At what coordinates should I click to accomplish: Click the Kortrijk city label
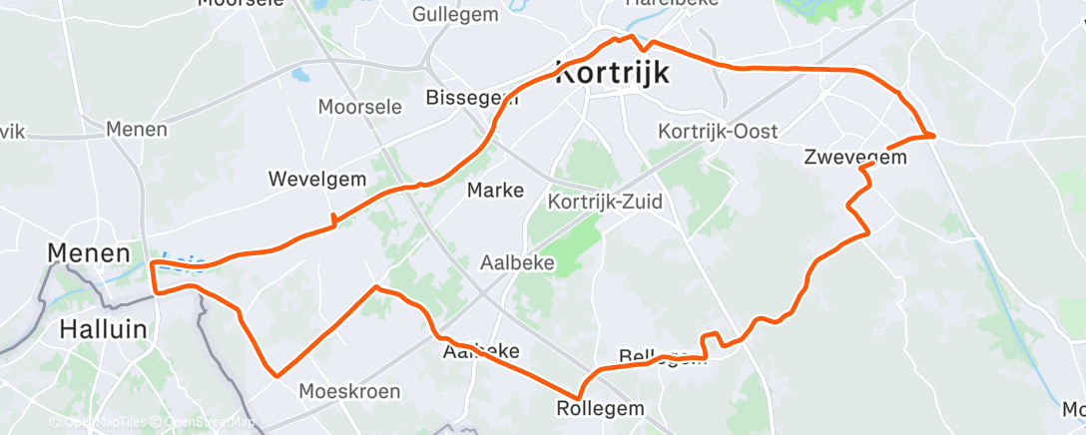point(612,73)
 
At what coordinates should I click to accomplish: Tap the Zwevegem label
point(855,157)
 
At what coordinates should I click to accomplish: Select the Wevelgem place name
point(317,179)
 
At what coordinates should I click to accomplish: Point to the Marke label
point(496,190)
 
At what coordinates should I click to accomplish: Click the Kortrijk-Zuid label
point(604,203)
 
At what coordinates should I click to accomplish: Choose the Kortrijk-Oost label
point(718,132)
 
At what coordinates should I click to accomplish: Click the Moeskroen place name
point(350,390)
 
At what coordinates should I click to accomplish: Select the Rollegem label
point(600,409)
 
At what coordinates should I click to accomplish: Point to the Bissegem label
point(471,98)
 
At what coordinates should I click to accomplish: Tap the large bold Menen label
point(89,253)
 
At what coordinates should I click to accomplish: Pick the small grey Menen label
point(137,130)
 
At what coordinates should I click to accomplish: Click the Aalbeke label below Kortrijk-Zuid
point(518,263)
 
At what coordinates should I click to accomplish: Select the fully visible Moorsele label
point(359,106)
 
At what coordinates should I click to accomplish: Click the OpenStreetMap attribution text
point(208,423)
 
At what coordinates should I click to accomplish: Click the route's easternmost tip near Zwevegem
point(933,135)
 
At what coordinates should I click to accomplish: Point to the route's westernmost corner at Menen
point(152,264)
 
